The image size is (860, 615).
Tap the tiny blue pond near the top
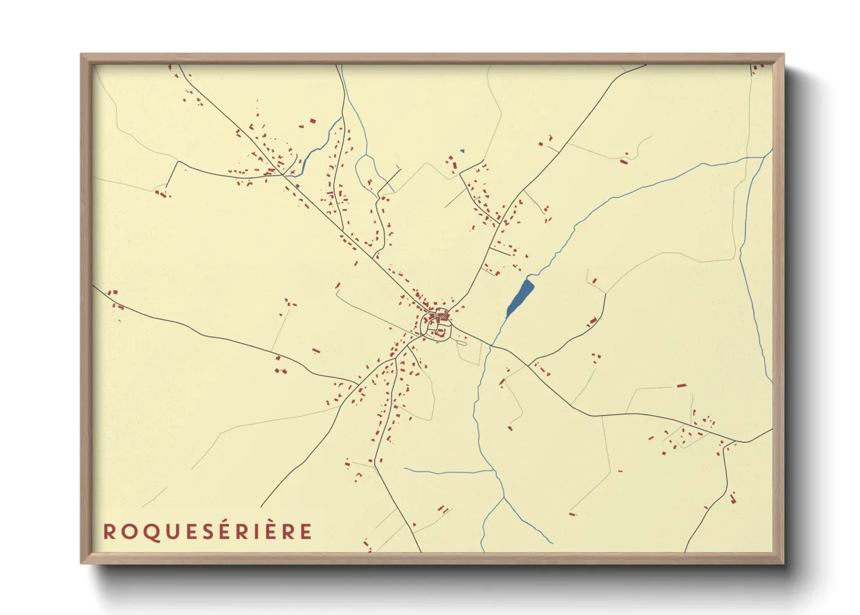[x=463, y=151]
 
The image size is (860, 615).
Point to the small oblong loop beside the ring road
[x=461, y=342]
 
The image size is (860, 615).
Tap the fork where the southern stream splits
[x=502, y=497]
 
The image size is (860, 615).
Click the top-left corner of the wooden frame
[x=81, y=55]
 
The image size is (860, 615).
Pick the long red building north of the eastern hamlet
[x=682, y=385]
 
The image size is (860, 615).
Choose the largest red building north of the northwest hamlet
[x=312, y=121]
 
